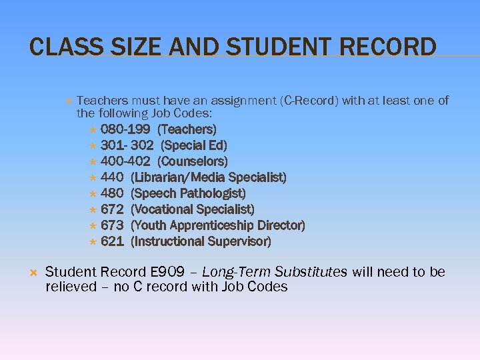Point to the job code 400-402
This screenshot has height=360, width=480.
(125, 161)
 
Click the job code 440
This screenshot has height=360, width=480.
(112, 177)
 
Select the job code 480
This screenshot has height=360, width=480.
(112, 193)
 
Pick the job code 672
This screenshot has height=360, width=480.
(112, 209)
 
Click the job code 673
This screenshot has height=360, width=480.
(112, 225)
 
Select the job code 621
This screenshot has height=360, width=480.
(112, 241)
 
